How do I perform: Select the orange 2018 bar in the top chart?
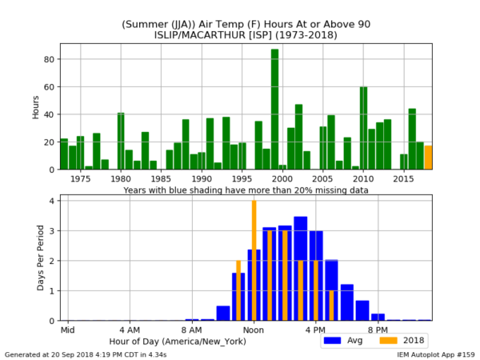pyautogui.click(x=428, y=158)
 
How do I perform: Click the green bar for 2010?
pyautogui.click(x=363, y=128)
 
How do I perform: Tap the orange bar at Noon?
pyautogui.click(x=254, y=260)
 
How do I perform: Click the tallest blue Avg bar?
pyautogui.click(x=300, y=268)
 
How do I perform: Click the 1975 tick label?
pyautogui.click(x=80, y=179)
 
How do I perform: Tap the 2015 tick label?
pyautogui.click(x=404, y=179)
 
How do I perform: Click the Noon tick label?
pyautogui.click(x=254, y=330)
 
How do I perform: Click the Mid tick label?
pyautogui.click(x=68, y=330)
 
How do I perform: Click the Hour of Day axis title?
pyautogui.click(x=188, y=341)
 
